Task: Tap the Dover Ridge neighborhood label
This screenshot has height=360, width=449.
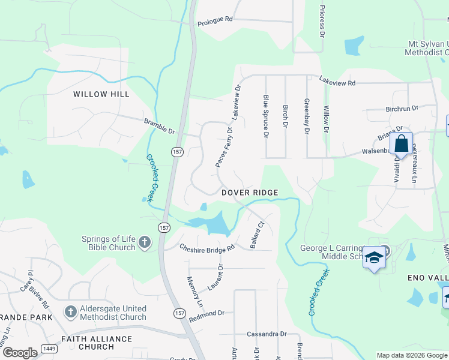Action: click(250, 193)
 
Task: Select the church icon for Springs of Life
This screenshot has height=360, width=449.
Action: click(144, 242)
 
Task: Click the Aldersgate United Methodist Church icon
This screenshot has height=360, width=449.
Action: click(71, 311)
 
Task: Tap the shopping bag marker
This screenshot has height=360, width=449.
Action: click(402, 145)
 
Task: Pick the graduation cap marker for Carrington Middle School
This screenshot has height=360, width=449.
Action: click(375, 257)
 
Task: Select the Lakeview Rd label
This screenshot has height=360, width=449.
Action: click(337, 81)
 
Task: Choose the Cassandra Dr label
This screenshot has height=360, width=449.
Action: click(267, 334)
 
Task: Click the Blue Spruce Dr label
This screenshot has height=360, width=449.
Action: click(265, 116)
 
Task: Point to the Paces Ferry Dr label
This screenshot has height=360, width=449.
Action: click(223, 146)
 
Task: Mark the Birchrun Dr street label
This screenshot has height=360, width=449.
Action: click(400, 109)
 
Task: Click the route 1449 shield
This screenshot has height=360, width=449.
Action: click(49, 348)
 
